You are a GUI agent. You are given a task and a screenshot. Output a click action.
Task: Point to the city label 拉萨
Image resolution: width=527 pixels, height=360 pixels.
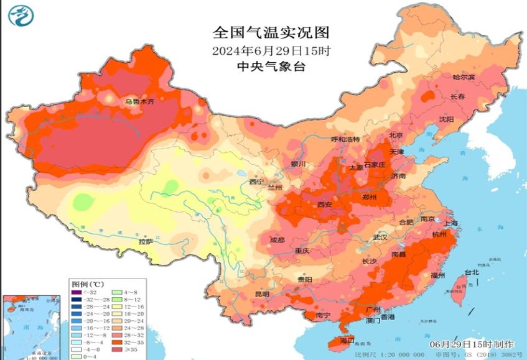(146, 242)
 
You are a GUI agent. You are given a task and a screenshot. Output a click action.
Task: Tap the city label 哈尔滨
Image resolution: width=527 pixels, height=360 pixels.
(464, 77)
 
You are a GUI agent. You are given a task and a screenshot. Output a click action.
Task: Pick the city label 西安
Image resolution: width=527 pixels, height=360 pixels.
(325, 205)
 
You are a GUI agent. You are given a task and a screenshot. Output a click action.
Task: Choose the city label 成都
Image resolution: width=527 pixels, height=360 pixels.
(277, 240)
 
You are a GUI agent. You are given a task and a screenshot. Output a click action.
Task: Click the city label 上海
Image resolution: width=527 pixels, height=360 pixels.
(451, 223)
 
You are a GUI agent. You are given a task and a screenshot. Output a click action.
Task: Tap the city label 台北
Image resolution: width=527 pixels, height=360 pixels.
(472, 272)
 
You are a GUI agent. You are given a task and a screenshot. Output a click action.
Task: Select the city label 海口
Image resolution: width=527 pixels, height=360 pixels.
(347, 341)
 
